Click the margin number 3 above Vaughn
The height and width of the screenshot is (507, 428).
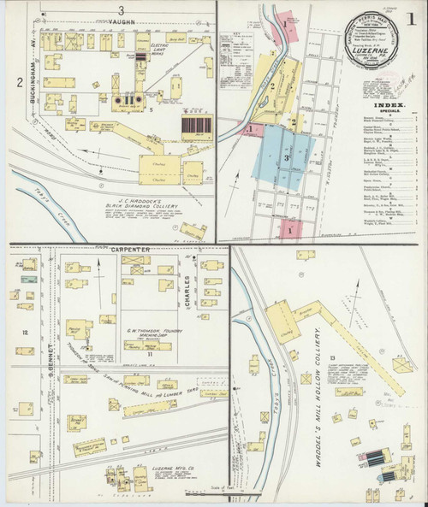122,9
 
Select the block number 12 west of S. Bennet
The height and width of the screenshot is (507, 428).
26,332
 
